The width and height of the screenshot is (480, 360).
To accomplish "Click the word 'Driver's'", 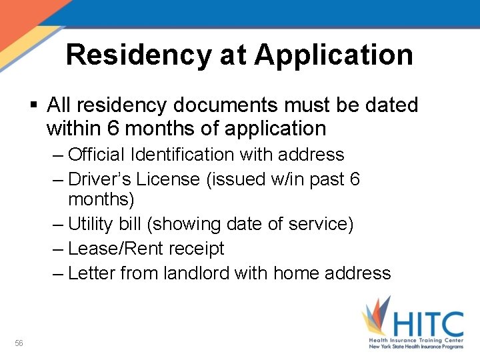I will click(103, 179).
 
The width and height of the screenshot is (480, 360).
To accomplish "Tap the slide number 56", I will click(19, 343).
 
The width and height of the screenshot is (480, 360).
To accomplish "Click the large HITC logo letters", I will click(427, 325).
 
